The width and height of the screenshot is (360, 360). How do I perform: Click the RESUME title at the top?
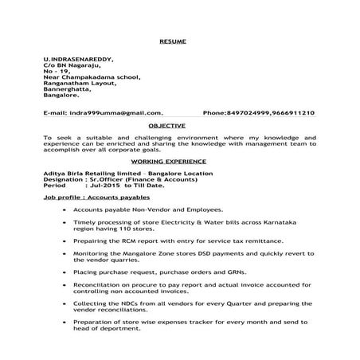click(x=171, y=39)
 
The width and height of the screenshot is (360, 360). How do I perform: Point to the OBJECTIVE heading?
click(x=167, y=125)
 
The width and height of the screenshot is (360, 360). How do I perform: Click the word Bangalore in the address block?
click(x=63, y=96)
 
